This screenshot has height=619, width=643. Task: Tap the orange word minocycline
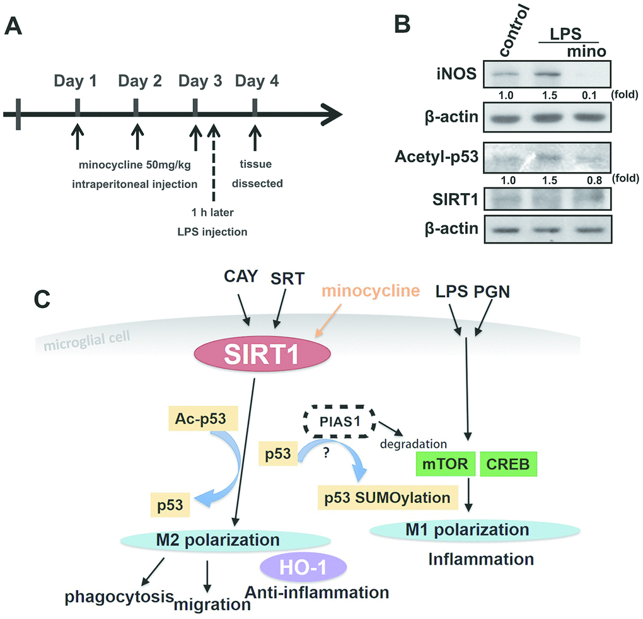pyautogui.click(x=371, y=290)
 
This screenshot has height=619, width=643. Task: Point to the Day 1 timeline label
pyautogui.click(x=76, y=81)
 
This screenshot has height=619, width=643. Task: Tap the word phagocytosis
pyautogui.click(x=122, y=596)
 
